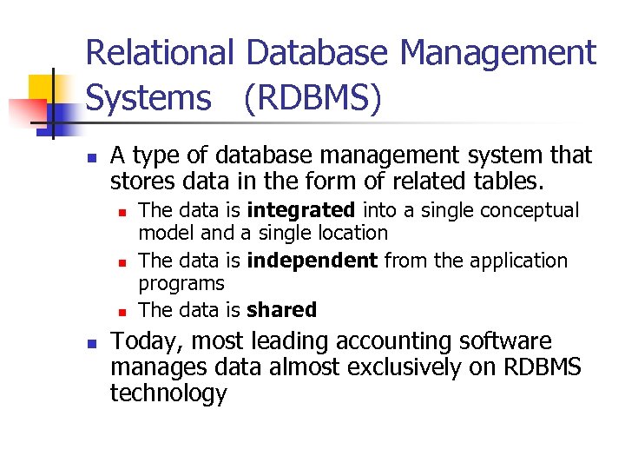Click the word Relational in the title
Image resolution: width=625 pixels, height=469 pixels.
(160, 54)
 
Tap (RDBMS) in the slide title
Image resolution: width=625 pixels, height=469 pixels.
(312, 99)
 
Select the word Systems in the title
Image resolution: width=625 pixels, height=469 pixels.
(148, 99)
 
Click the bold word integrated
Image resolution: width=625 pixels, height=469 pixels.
(301, 210)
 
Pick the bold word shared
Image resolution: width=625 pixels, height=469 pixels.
(281, 310)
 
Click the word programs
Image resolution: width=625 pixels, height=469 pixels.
(181, 283)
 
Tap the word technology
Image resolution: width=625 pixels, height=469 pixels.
(168, 393)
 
